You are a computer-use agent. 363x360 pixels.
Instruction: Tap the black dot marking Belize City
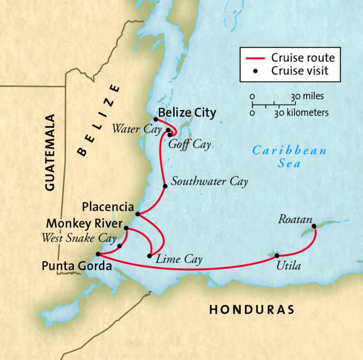pos(156,119)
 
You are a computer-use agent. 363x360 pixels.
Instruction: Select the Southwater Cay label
pos(210,182)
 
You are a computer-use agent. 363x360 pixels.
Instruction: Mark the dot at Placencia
pos(137,214)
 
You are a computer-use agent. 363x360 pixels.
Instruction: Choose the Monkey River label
pos(85,224)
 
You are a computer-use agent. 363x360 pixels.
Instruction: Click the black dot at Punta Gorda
pos(98,254)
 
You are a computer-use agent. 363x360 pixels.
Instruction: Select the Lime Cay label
pos(178,259)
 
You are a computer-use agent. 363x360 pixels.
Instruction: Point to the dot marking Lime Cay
pos(150,256)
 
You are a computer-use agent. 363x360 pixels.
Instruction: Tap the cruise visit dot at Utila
pos(277,255)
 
